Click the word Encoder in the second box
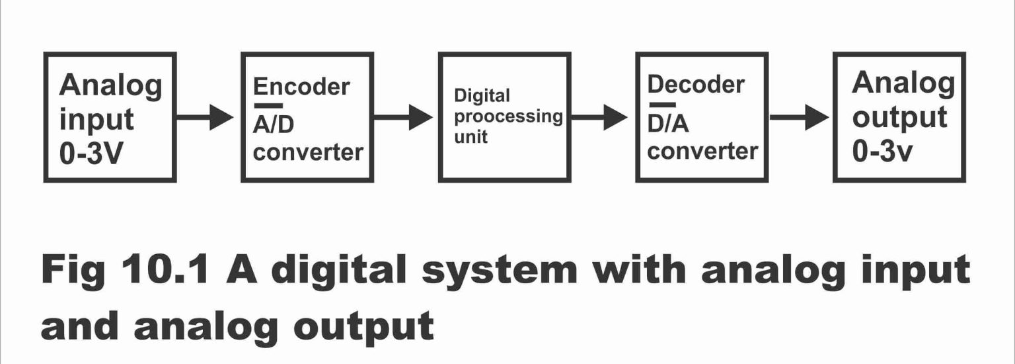pos(301,87)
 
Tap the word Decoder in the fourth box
pos(696,85)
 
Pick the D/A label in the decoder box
pos(669,124)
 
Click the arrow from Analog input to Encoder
pos(205,118)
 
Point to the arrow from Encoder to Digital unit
pos(402,118)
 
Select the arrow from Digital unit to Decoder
pos(599,118)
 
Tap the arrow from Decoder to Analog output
pos(798,118)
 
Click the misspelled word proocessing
pos(508,117)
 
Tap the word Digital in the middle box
pos(482,96)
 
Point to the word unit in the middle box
pos(470,137)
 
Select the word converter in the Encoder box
pos(308,152)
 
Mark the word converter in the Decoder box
pos(702,151)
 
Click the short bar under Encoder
pos(268,106)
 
